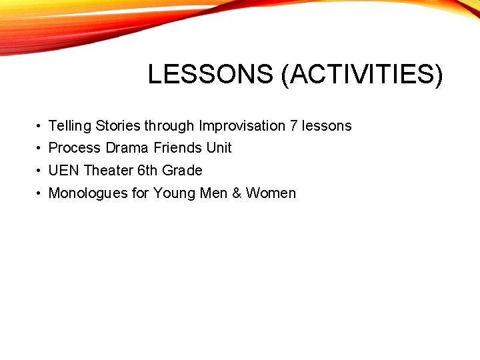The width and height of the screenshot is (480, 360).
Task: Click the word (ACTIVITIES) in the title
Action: pos(362,75)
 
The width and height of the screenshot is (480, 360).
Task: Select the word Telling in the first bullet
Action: pos(70,126)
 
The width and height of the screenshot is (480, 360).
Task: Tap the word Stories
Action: pos(118,126)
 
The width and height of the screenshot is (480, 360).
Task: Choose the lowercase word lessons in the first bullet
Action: pos(327,126)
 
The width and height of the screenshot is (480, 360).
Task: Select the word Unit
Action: pos(219,148)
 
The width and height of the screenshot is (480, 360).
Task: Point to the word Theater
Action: pos(109,171)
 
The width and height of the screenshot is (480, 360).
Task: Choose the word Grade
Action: pos(182,171)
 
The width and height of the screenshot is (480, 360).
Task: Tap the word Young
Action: pos(173,193)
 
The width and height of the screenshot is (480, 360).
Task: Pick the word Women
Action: pos(271,193)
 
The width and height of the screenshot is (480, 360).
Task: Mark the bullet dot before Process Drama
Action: pos(40,149)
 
